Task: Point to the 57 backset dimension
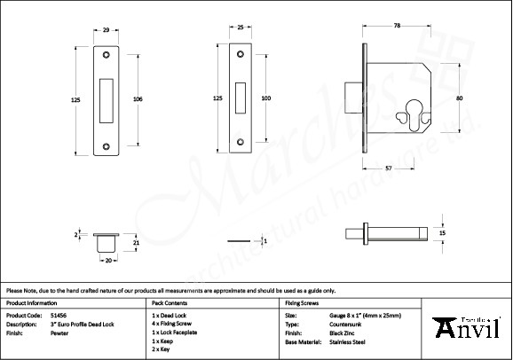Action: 389,167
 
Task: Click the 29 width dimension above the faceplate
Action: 107,31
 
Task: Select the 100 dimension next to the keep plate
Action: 265,98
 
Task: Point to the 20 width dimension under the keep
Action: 107,261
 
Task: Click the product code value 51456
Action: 58,315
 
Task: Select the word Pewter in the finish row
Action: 59,333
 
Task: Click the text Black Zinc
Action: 343,333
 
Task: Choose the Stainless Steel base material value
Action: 348,341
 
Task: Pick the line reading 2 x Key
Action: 162,349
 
